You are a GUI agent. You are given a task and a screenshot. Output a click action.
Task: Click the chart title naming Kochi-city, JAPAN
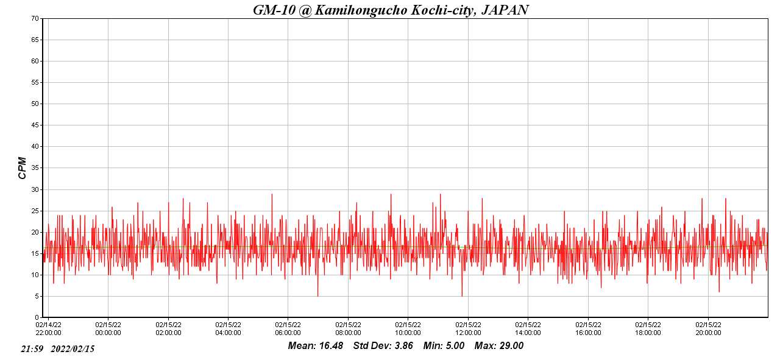390,10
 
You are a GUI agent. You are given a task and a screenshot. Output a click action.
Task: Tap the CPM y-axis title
23,168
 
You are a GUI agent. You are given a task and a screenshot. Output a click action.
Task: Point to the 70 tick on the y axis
35,18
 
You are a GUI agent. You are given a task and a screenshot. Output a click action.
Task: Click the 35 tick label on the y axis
35,168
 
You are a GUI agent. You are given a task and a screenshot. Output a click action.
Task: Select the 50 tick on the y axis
35,104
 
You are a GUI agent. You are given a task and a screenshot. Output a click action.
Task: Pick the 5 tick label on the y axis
37,296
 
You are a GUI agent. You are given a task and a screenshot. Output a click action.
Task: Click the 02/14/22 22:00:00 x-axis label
48,329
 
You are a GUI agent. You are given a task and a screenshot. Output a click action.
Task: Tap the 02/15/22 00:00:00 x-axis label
108,329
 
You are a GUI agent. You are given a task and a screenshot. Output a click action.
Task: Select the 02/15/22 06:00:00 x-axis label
288,329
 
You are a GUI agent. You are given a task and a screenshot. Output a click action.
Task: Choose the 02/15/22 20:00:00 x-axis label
707,329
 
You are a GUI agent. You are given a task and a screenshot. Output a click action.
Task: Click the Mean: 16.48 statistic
316,346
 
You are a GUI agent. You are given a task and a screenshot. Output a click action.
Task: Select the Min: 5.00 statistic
444,346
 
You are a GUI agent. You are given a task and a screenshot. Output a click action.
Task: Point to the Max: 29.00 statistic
499,346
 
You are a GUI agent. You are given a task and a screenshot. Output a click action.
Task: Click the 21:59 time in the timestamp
32,349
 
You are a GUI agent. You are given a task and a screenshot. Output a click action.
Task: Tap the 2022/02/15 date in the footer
73,349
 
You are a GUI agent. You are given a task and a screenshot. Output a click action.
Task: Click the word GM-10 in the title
274,10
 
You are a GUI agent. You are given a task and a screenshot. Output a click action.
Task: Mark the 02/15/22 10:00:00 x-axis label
408,329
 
